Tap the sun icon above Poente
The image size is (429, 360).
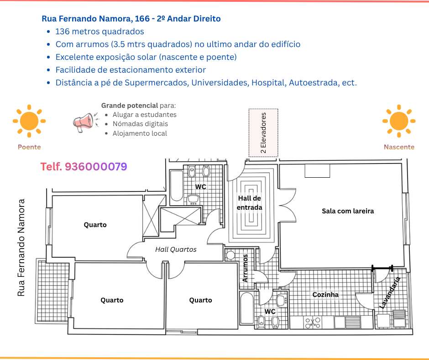(x=29, y=122)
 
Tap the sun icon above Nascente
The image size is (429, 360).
(x=399, y=122)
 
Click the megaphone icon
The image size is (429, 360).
(x=84, y=122)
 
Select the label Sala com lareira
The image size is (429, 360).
(x=348, y=211)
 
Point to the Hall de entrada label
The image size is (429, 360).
(x=250, y=202)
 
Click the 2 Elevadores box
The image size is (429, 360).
(x=263, y=133)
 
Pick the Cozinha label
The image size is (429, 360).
(x=325, y=295)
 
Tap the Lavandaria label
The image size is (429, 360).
(x=390, y=292)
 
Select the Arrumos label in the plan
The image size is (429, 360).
(x=246, y=268)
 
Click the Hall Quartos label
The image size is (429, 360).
(x=176, y=249)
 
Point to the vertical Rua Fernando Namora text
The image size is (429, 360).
(x=21, y=247)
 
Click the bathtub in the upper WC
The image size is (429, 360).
(x=176, y=186)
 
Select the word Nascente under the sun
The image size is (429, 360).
(x=399, y=147)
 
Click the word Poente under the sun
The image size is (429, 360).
(x=29, y=147)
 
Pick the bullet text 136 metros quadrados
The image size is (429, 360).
(x=99, y=32)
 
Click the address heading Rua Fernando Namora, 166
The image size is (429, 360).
(x=131, y=19)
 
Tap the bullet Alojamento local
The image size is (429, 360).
(x=140, y=133)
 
